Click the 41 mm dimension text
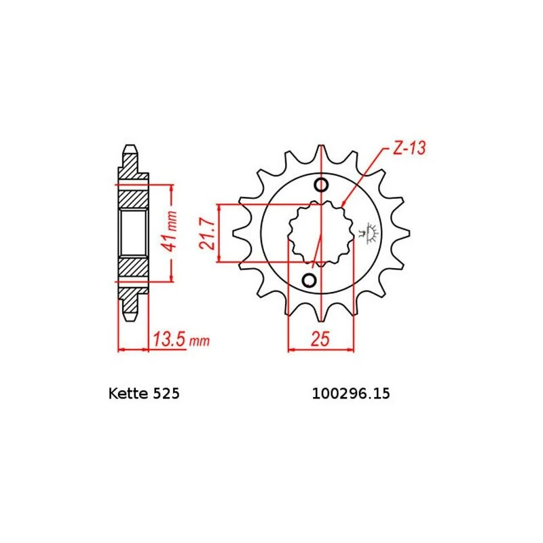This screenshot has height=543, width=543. coord(173,231)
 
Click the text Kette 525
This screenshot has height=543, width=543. coord(144,394)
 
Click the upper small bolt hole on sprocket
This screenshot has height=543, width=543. coord(322,185)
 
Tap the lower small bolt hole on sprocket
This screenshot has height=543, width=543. coord(309,280)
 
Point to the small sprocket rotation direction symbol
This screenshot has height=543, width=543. coord(371,233)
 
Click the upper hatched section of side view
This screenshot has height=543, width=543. coord(133,196)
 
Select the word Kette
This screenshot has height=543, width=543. coord(125,394)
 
